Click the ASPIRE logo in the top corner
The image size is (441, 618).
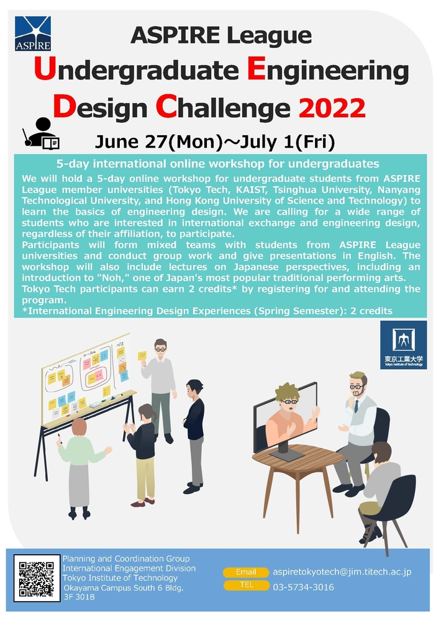click(x=33, y=34)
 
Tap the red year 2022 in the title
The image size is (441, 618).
click(x=332, y=108)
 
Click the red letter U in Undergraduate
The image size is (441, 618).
click(x=45, y=69)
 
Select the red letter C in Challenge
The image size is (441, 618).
click(x=166, y=107)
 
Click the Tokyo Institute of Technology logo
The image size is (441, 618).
click(x=404, y=345)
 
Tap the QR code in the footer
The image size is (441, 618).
click(x=37, y=578)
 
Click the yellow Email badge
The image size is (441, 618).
click(x=246, y=572)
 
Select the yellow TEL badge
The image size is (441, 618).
click(x=246, y=585)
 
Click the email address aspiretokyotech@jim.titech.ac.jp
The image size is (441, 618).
click(x=342, y=572)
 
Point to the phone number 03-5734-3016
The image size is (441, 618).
click(x=303, y=587)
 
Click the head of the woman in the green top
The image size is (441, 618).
click(x=80, y=426)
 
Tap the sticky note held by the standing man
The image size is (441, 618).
click(x=142, y=356)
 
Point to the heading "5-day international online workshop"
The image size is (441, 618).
click(x=218, y=164)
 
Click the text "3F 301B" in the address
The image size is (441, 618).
click(x=80, y=597)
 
